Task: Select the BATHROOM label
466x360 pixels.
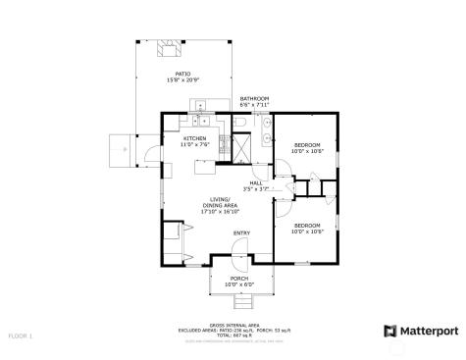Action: coord(254,99)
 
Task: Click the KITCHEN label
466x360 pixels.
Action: coord(194,139)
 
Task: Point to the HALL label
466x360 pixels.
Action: coord(255,181)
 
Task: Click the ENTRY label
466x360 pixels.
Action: coord(240,232)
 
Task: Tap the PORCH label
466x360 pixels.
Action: coord(238,278)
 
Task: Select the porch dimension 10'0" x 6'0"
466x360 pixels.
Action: coord(238,283)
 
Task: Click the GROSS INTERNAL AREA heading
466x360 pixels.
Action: coord(233,325)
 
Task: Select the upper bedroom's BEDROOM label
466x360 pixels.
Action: coord(306,145)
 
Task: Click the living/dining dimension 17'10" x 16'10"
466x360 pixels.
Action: coord(220,211)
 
